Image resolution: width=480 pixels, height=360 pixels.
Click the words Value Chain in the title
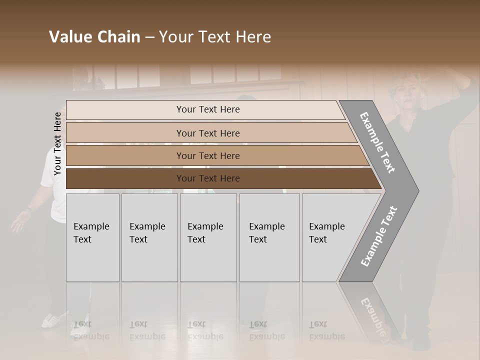(94, 37)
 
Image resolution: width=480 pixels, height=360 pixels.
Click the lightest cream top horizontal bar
(125, 110)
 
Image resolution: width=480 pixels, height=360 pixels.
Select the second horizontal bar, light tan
(125, 133)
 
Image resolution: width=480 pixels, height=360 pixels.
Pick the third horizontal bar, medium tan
(125, 155)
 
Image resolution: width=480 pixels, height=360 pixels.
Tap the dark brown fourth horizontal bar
(125, 178)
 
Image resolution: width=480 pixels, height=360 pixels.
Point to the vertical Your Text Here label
(57, 144)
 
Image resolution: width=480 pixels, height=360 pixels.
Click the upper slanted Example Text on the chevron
(377, 142)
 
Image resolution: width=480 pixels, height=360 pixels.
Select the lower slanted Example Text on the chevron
(378, 236)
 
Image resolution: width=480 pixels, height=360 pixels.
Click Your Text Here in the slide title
(215, 37)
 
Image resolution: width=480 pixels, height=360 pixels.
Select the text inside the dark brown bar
(208, 178)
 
